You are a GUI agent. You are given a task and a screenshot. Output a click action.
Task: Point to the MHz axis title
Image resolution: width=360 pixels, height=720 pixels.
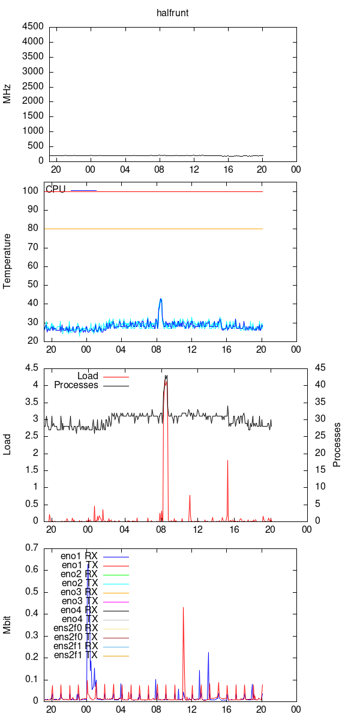click(8, 94)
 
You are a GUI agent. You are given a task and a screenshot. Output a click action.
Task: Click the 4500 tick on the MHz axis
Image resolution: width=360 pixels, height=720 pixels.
click(32, 26)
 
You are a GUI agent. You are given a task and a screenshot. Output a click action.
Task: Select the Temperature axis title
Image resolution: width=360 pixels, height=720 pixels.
click(8, 262)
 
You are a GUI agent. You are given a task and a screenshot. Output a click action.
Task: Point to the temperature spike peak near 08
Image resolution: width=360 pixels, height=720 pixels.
click(161, 299)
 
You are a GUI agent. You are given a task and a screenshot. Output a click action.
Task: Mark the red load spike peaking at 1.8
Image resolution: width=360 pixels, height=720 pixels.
click(227, 460)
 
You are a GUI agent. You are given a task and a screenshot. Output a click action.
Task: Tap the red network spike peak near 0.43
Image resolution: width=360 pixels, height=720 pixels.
click(183, 607)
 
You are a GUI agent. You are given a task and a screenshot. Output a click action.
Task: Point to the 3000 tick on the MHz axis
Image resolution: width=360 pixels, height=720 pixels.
click(32, 71)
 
